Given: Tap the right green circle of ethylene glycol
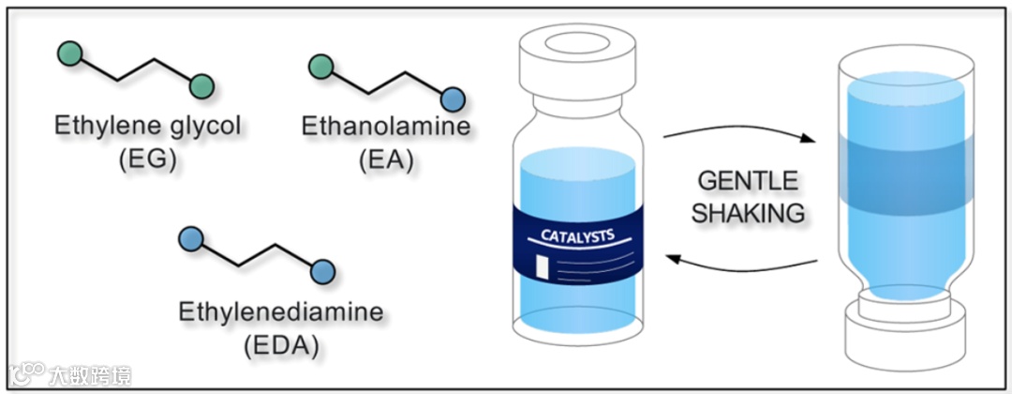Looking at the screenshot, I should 201,87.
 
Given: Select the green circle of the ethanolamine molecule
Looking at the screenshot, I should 320,65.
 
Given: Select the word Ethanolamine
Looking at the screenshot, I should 386,125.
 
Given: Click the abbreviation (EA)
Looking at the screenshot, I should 386,159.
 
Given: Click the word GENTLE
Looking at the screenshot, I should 748,180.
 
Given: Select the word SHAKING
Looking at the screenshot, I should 748,213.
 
